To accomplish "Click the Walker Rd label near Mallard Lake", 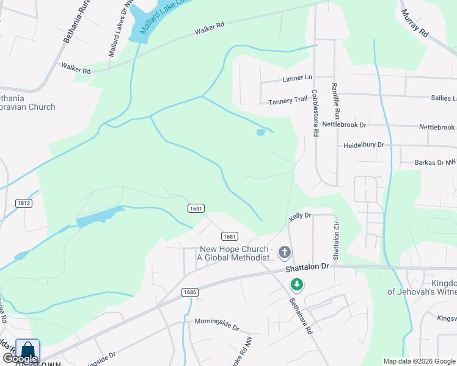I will (210, 28).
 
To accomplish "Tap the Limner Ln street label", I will (298, 79).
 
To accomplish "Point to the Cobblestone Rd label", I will (315, 113).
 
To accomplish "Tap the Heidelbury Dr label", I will (364, 145).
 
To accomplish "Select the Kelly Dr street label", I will (300, 216).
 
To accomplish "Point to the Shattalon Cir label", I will (335, 239).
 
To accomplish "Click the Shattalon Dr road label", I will (307, 267).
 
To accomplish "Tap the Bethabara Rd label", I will (301, 317).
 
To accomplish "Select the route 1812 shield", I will (24, 203).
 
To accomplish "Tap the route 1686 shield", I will (189, 292).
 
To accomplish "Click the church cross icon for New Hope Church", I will (284, 252).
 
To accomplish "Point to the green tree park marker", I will (297, 284).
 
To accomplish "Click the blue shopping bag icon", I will (27, 351).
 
